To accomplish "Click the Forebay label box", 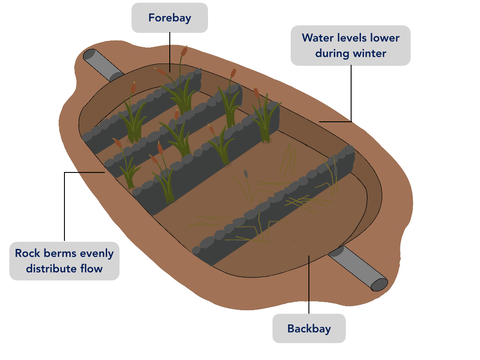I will (169, 18).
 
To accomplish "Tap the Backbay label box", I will (309, 328).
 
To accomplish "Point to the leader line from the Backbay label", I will (308, 284).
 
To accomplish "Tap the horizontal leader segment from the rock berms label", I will (84, 172).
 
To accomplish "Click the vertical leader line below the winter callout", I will (351, 93).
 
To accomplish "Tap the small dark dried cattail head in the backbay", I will (246, 174).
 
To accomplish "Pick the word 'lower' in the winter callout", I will (386, 38).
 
